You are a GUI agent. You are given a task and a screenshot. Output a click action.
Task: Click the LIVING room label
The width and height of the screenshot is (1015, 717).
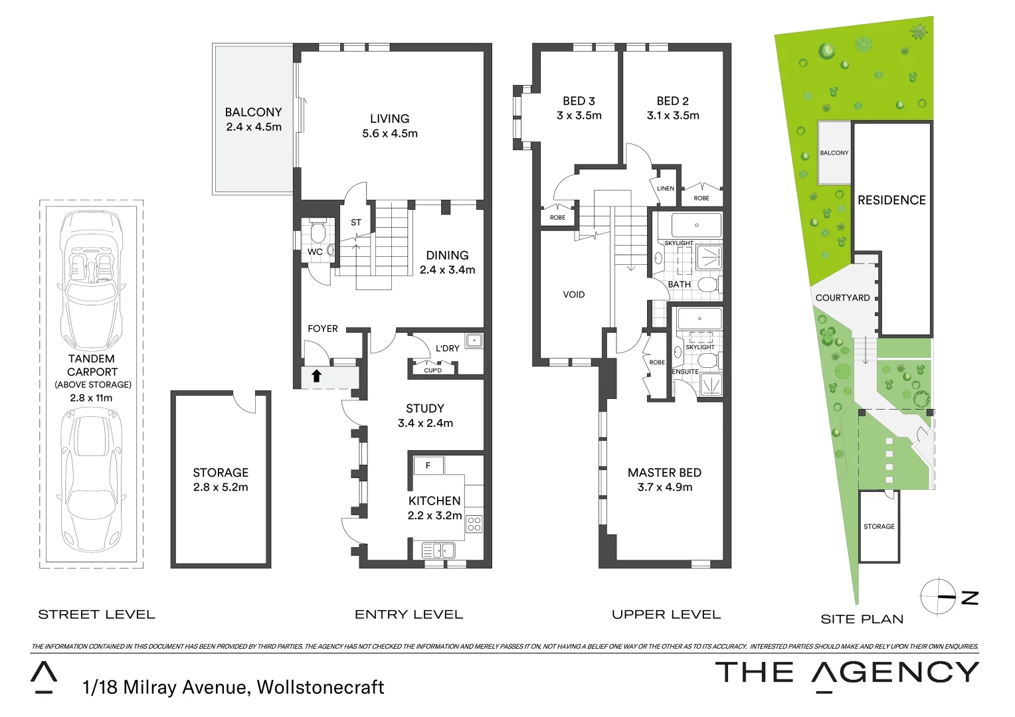(x=389, y=119)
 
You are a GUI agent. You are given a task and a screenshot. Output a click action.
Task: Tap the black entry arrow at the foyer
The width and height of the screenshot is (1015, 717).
(x=316, y=376)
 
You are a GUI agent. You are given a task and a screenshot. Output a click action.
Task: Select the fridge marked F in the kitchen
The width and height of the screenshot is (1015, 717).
(x=428, y=465)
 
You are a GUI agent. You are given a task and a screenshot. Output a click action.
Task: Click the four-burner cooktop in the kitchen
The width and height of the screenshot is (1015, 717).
(x=474, y=524)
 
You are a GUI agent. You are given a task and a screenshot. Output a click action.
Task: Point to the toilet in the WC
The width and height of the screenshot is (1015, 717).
(x=318, y=232)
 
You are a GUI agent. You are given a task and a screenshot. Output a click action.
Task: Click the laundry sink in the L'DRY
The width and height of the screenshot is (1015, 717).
(x=474, y=341)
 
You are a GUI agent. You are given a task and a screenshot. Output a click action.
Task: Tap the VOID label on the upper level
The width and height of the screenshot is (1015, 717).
(x=573, y=295)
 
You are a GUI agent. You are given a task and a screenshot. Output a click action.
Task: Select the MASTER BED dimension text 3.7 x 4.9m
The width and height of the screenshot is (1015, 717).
(x=664, y=487)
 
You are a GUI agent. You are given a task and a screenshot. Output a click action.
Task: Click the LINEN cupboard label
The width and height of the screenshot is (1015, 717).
(x=665, y=189)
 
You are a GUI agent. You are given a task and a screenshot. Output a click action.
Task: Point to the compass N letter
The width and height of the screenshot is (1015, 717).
(x=970, y=597)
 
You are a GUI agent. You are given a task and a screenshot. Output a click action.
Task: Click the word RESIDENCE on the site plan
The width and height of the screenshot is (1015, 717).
(x=891, y=200)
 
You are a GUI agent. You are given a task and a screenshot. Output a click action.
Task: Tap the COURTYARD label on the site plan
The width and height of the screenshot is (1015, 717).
(x=842, y=297)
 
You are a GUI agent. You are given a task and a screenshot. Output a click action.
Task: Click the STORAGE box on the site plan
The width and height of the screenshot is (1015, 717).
(x=879, y=526)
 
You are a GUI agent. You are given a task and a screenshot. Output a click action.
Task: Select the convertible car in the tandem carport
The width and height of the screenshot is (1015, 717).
(x=91, y=279)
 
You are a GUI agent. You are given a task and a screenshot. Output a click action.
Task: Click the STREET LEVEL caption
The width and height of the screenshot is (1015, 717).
(x=96, y=615)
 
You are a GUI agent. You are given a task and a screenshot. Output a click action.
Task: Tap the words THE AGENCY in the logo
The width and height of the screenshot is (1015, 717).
(x=847, y=673)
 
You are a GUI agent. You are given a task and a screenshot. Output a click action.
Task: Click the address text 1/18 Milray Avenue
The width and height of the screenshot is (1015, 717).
(x=166, y=687)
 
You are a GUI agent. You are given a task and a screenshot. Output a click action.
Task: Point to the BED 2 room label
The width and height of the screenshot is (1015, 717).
(x=672, y=101)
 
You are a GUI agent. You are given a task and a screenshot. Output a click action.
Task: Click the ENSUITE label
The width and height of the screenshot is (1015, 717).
(x=686, y=372)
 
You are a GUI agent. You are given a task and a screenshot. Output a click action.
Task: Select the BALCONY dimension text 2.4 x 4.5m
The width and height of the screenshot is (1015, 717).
(x=254, y=127)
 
